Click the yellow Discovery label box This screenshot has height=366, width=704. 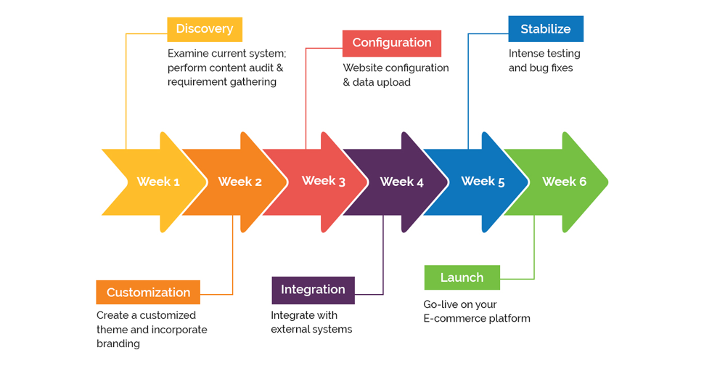point(204,29)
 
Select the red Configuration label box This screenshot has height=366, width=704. point(391,43)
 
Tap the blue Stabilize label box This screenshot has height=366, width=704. point(545,29)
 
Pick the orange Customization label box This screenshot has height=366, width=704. point(148,293)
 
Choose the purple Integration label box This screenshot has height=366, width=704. point(313,290)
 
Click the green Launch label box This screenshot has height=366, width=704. point(462,277)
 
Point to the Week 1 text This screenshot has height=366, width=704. point(158,182)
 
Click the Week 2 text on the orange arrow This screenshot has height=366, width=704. point(240,182)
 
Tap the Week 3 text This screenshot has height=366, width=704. point(324,181)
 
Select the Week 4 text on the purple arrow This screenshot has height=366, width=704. point(402,182)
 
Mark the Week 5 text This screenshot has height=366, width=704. point(483,182)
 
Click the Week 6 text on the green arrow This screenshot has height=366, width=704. point(564,182)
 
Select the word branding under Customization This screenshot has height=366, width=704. point(118,343)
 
